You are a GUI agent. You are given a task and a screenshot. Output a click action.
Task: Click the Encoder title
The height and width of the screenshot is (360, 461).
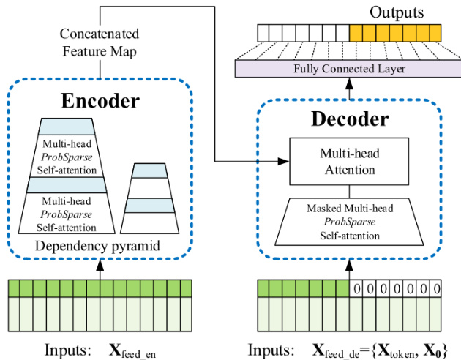point(99,101)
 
